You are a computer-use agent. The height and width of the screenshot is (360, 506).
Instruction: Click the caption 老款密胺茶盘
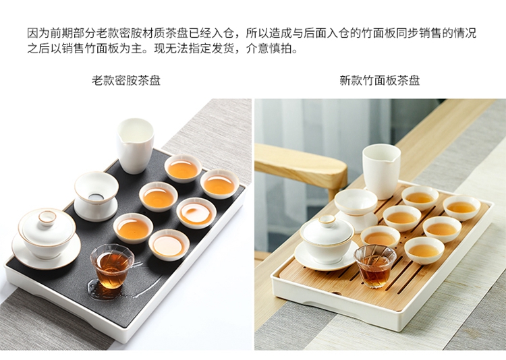point(126,80)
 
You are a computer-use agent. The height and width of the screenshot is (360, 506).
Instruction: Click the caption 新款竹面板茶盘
point(379,80)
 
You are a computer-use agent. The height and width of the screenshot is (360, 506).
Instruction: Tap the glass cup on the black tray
point(112,266)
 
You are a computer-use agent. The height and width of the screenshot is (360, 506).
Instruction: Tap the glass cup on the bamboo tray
point(374,266)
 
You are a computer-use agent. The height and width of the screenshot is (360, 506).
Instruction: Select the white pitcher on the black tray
point(135,146)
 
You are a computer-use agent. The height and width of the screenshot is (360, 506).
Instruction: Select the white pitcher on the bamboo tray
point(382,171)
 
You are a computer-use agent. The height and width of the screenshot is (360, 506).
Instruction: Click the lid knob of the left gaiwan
point(47,217)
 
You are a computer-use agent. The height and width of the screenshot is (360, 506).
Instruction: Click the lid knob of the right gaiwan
point(327,220)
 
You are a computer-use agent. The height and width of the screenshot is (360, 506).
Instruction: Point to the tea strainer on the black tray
point(96,196)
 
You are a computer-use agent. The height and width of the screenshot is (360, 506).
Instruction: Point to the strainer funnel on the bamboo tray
point(356,210)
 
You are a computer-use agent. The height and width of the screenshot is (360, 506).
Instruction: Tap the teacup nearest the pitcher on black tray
point(183,169)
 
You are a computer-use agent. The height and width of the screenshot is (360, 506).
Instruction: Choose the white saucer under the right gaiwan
point(326,256)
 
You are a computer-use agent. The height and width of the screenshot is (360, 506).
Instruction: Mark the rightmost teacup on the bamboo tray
point(461,208)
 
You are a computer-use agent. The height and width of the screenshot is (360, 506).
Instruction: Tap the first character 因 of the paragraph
point(32,33)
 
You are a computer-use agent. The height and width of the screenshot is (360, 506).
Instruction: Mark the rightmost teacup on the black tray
point(220,184)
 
